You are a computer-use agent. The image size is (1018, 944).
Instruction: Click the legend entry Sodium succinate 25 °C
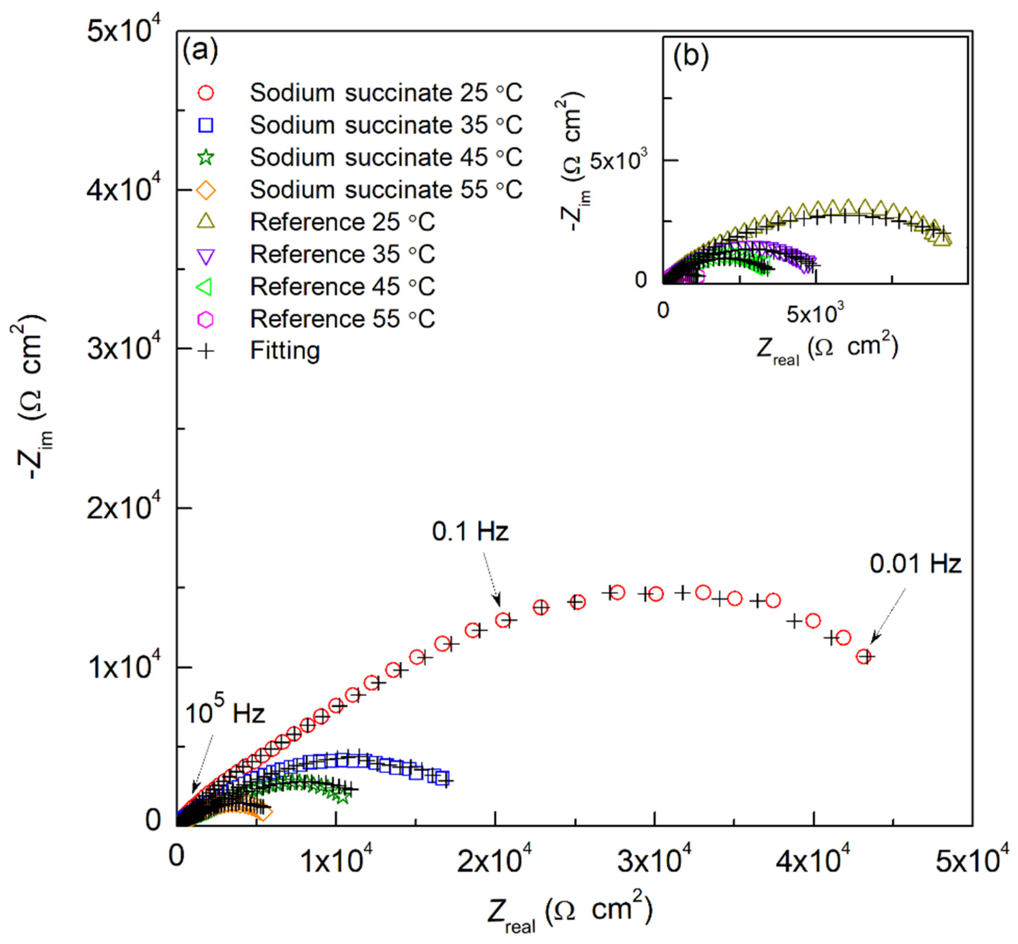[x=386, y=93]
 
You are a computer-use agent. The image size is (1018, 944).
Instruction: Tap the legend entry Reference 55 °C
[x=342, y=319]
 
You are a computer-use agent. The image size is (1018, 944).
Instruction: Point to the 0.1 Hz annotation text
[x=470, y=532]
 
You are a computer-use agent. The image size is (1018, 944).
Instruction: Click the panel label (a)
[x=200, y=51]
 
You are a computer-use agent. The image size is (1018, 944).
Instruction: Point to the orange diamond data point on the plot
[x=264, y=813]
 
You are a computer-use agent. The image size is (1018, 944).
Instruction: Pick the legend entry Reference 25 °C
[x=342, y=222]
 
